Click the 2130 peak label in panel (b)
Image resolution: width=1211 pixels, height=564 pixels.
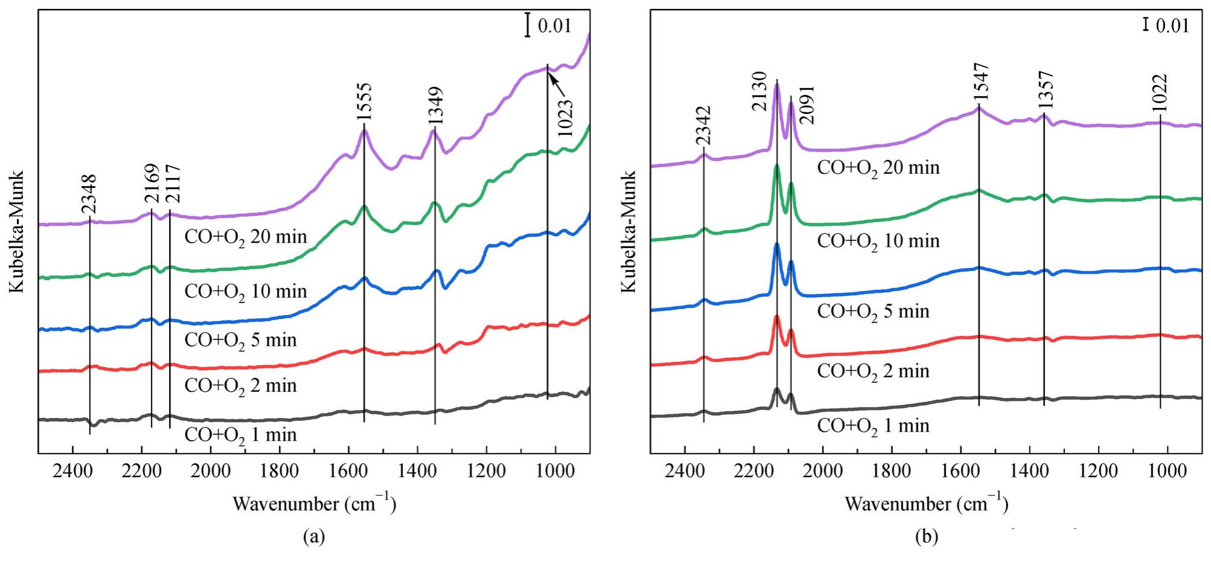(760, 91)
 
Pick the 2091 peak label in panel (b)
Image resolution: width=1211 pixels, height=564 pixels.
(807, 104)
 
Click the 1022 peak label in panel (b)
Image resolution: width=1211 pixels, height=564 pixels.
(1160, 92)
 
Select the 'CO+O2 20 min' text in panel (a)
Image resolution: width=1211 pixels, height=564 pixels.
(246, 237)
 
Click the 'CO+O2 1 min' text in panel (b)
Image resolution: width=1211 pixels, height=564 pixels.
(873, 426)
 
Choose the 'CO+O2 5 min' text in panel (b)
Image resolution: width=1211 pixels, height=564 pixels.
(873, 312)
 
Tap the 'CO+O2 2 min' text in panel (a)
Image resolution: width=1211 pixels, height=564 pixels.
(240, 386)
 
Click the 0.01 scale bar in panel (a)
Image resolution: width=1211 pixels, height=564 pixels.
(528, 26)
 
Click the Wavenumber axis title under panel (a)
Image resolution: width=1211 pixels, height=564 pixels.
(315, 503)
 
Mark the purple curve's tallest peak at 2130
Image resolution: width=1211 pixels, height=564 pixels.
(777, 86)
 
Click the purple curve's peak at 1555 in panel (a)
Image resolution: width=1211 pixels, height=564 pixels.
(363, 131)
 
